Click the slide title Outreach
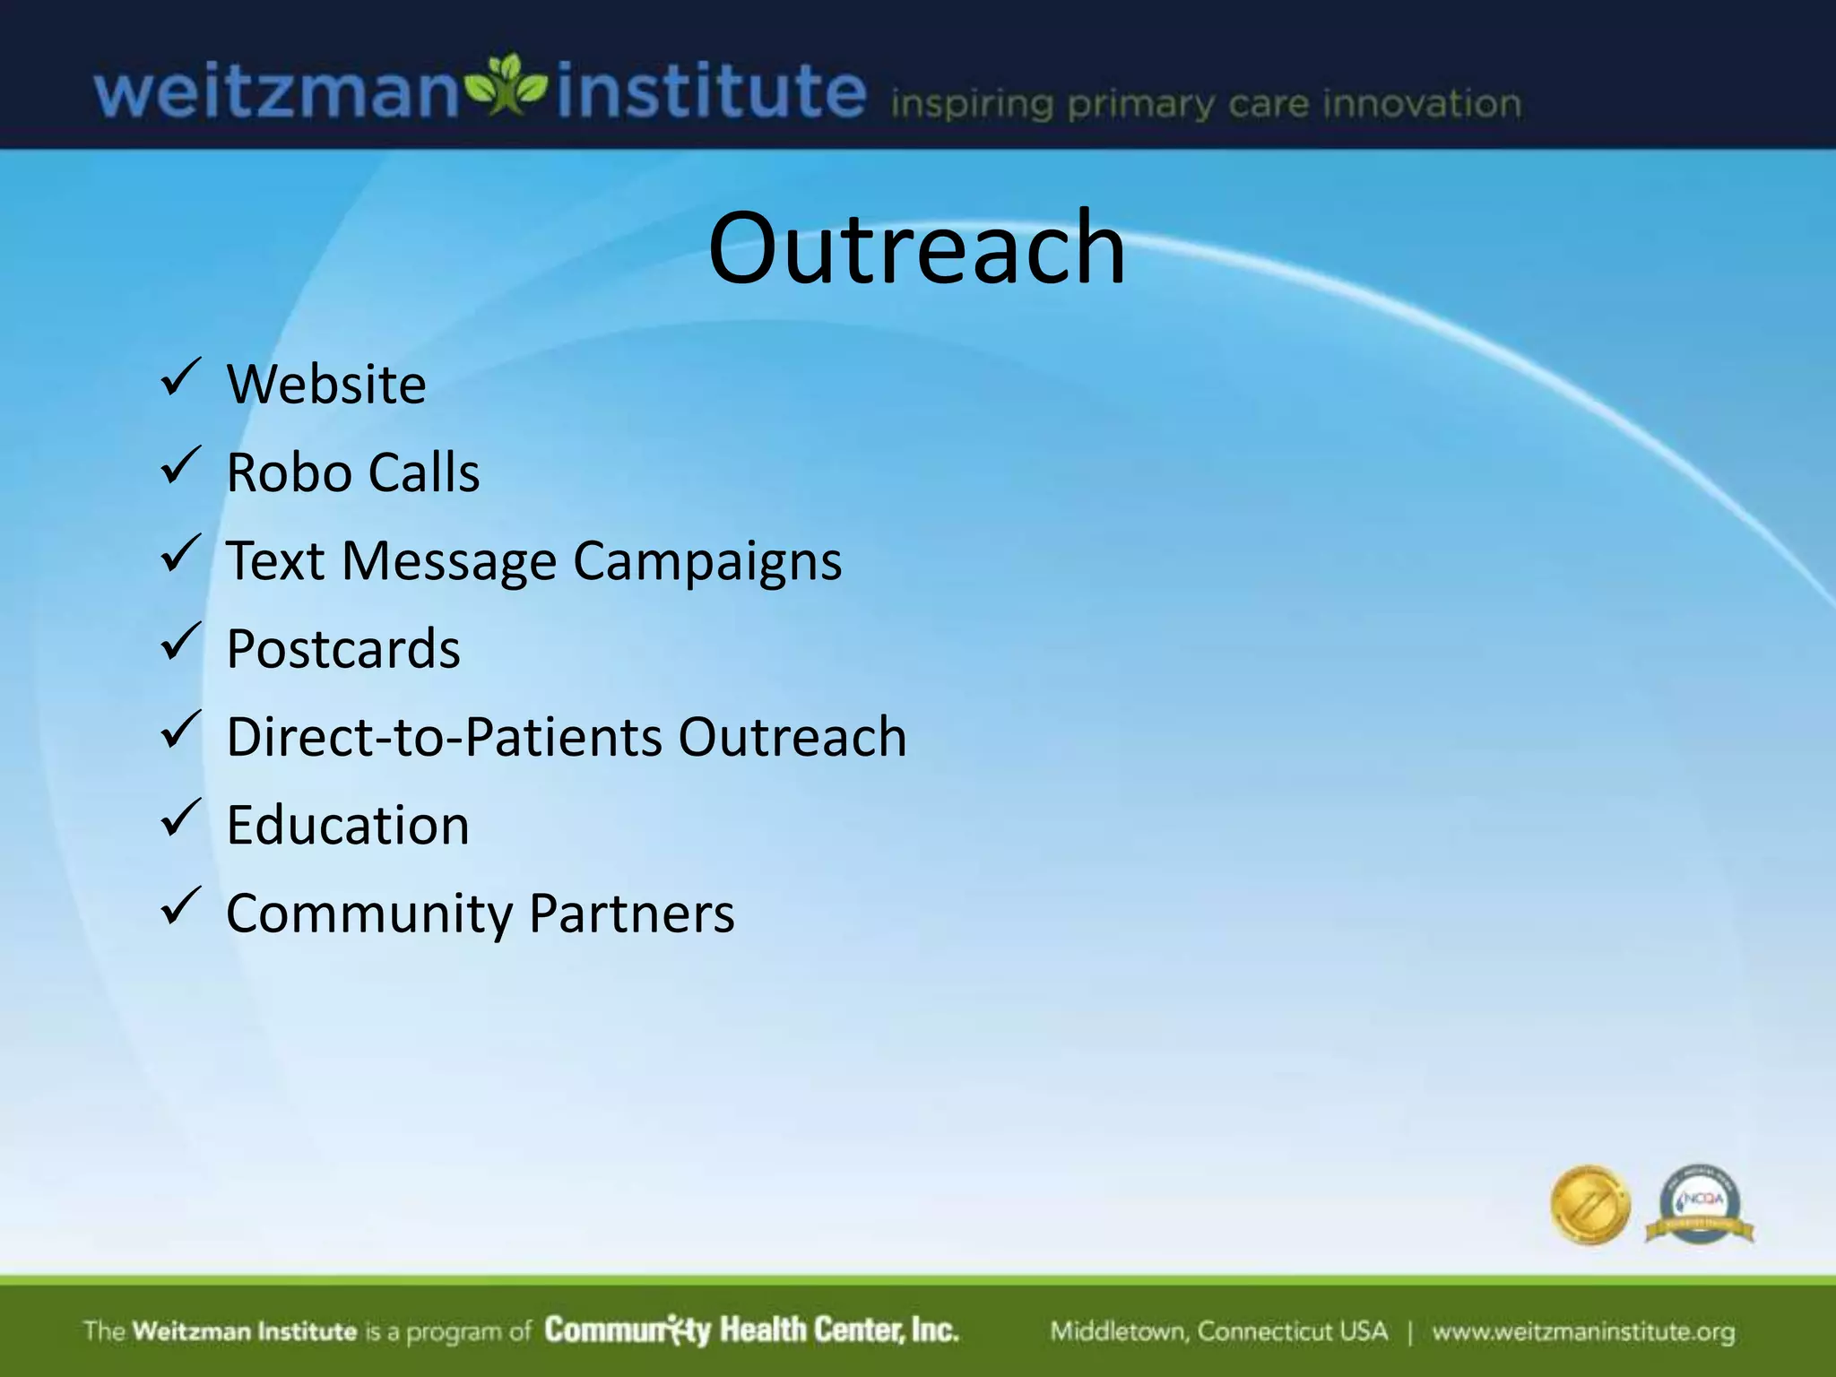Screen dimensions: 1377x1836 point(916,248)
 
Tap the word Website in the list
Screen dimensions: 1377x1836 point(326,385)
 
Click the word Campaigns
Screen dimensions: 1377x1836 point(707,563)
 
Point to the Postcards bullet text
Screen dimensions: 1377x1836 point(343,649)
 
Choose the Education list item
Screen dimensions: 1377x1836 point(348,825)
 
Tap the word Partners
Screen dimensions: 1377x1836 point(632,914)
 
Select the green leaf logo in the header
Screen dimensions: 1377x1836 point(508,86)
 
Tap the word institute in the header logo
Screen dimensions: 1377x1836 point(711,91)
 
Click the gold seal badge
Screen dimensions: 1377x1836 point(1589,1205)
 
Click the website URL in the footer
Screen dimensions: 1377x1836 point(1583,1332)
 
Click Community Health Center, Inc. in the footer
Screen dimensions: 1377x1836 point(751,1330)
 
